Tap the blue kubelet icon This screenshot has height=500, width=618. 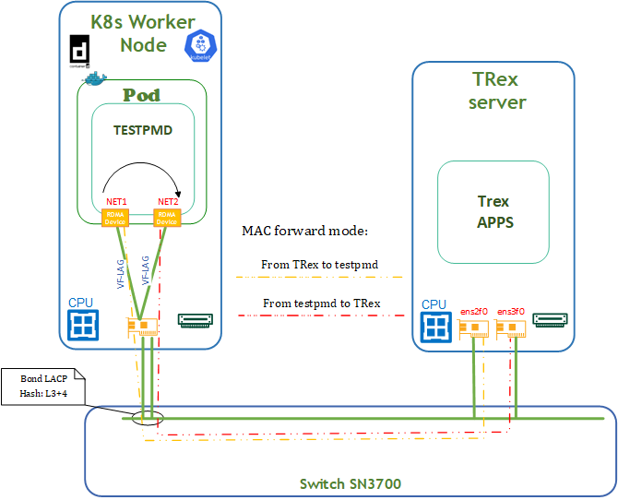pos(199,46)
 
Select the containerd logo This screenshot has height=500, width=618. pos(79,51)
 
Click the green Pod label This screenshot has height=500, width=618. pos(141,96)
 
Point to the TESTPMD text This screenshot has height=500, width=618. pos(143,131)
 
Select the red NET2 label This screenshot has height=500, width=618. pos(167,202)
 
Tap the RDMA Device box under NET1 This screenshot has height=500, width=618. pos(114,218)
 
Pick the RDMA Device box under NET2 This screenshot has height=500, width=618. pos(167,219)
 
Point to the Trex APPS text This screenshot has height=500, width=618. pos(493,211)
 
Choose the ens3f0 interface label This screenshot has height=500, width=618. pos(511,312)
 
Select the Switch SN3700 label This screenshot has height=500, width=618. pos(350,483)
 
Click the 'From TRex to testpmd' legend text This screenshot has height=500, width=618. pos(320,265)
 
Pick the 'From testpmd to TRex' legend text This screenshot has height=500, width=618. pos(321,303)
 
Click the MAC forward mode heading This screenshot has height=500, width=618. pos(304,230)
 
